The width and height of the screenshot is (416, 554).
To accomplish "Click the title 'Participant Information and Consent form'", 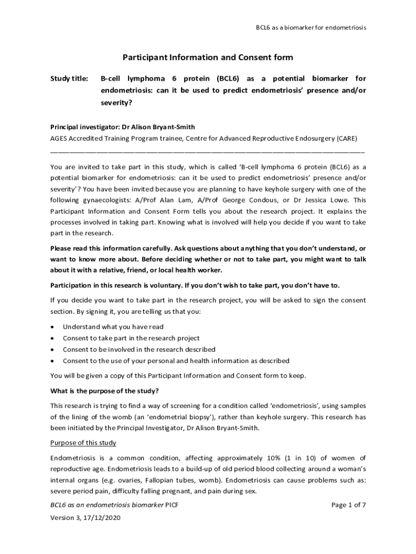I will pos(207,57).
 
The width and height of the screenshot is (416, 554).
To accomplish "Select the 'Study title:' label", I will pos(69,79).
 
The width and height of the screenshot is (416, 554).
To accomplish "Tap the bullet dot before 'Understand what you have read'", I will pos(52,327).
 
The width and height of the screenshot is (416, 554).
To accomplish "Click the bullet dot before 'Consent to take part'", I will pos(52,338).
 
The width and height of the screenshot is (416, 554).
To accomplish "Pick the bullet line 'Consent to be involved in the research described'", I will pos(139,349).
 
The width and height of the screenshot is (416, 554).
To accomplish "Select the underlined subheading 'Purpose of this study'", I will pos(83,443).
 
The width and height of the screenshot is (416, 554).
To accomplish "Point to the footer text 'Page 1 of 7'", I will pos(348,505).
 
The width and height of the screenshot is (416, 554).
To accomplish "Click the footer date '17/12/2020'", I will pos(103,518).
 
